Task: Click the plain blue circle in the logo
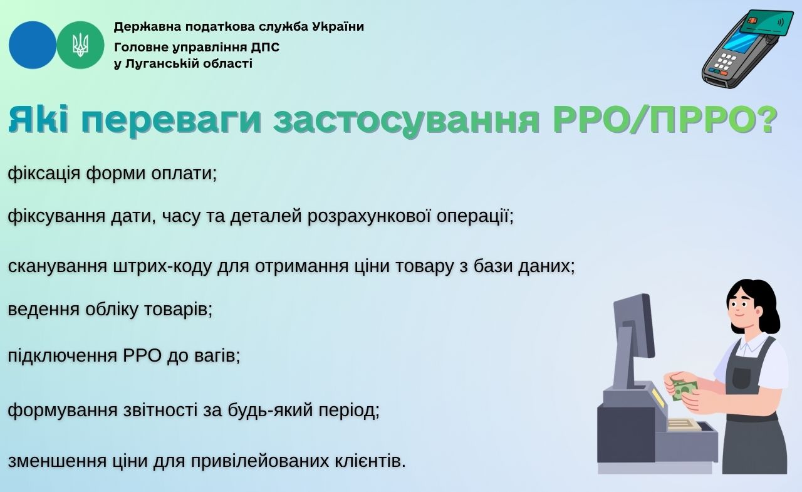tap(33, 45)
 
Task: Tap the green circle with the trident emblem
tap(81, 45)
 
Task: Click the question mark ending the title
tap(768, 118)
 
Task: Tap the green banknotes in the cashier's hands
tap(685, 390)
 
